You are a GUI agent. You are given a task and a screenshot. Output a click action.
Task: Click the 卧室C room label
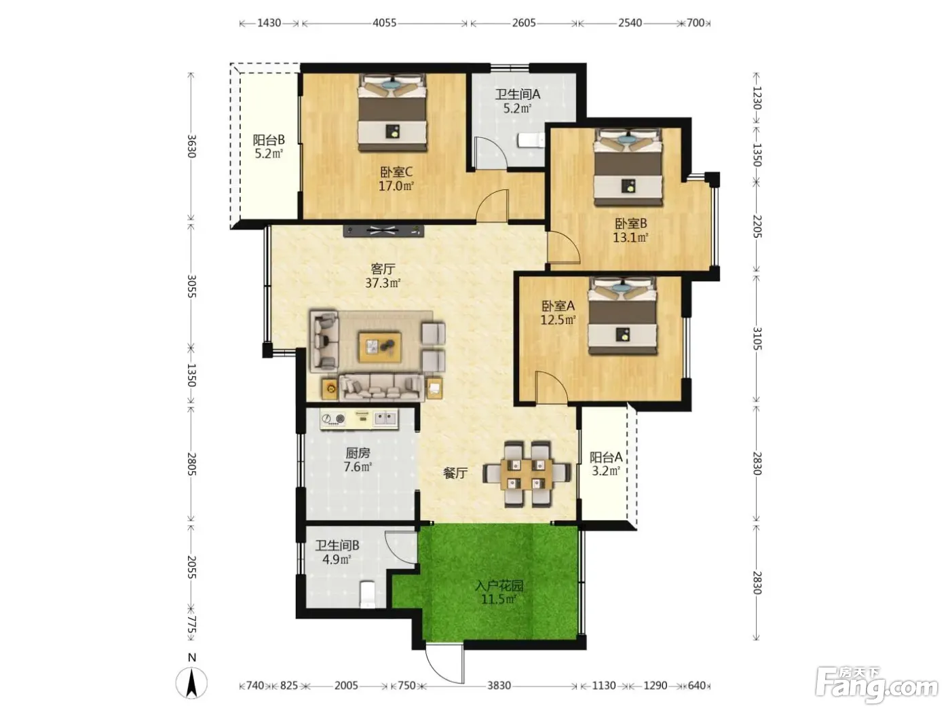(396, 172)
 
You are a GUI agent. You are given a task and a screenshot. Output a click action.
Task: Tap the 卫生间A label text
(518, 94)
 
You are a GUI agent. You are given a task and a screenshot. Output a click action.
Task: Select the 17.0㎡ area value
(396, 187)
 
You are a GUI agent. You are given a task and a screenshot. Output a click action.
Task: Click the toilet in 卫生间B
(368, 593)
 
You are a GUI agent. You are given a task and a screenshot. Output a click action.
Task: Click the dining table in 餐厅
(527, 474)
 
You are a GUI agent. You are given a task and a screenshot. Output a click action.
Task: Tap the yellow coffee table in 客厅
(379, 346)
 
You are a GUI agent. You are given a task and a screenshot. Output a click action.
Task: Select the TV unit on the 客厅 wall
(383, 230)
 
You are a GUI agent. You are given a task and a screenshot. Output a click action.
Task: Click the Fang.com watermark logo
(876, 686)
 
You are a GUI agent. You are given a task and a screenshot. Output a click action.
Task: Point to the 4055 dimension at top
(384, 23)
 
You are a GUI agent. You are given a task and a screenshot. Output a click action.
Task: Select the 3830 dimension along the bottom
(499, 685)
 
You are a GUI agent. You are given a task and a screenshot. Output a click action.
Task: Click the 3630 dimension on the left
(192, 146)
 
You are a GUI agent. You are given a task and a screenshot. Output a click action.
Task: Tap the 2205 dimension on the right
(757, 226)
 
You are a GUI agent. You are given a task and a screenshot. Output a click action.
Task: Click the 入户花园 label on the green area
(499, 586)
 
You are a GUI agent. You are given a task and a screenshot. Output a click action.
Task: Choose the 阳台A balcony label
(606, 457)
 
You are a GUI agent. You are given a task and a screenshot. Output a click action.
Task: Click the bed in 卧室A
(622, 316)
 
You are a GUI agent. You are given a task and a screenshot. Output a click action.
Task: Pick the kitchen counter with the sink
(359, 420)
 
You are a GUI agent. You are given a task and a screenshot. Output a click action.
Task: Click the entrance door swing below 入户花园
(444, 663)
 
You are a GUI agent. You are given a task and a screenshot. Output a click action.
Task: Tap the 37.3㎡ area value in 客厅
(383, 283)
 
